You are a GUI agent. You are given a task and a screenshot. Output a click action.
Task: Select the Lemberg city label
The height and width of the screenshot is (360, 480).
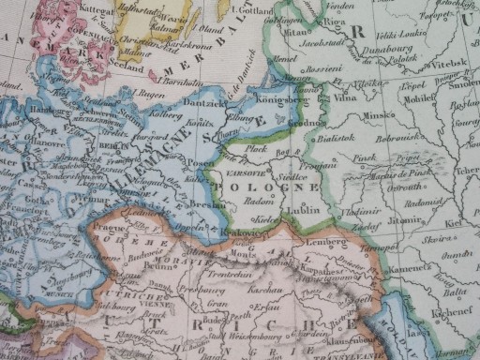[324, 242]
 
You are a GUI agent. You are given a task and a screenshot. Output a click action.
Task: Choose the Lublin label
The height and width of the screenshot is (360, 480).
[305, 210]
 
